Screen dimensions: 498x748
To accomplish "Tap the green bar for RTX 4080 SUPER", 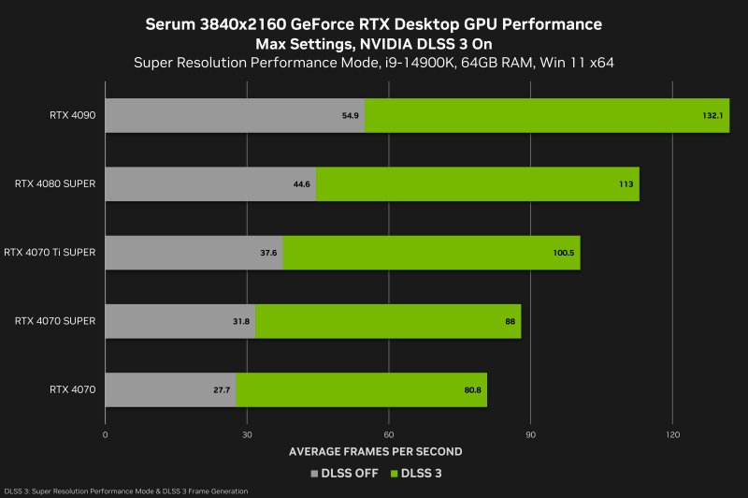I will click(477, 184).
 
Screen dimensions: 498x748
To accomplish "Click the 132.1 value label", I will click(713, 115).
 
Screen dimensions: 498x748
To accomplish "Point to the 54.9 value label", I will click(352, 115).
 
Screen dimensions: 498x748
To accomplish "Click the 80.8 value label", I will click(472, 389).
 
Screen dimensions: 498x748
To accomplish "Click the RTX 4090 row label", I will click(73, 115).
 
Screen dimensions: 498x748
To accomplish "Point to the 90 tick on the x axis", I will click(531, 435).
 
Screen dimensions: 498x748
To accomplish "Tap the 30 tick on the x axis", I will click(247, 435).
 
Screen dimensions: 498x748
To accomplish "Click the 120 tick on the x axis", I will click(672, 435).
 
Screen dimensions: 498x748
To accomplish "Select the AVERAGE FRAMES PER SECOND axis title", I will click(375, 451).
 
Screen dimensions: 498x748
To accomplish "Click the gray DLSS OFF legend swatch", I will click(314, 474).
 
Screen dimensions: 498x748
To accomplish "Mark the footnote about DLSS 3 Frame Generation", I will click(126, 491).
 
